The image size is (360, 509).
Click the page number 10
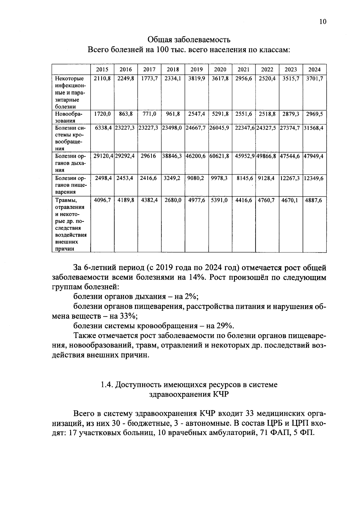322,22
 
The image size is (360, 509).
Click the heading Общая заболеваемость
189,40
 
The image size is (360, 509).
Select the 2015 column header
102,70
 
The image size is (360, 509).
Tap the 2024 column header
314,70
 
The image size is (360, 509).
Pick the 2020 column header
220,70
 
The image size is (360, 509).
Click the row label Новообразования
69,117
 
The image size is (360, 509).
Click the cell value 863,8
126,114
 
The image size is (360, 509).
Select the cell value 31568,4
314,128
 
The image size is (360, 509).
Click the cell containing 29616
149,156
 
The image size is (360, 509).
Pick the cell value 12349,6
314,178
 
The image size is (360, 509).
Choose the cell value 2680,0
173,200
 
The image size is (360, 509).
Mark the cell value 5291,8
220,114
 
